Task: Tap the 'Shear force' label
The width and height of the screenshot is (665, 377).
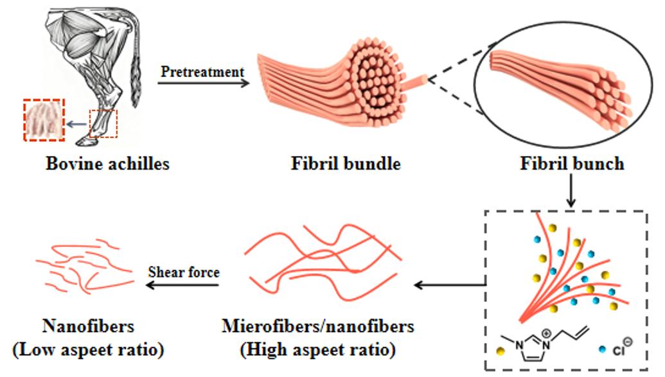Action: pos(184,272)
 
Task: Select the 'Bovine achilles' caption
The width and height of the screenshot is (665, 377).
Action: pos(107,164)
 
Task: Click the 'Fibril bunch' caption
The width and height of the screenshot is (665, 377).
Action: pos(572,164)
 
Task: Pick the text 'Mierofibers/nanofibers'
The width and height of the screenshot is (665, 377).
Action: pos(318,326)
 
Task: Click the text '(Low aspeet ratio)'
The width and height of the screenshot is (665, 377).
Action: pos(88,350)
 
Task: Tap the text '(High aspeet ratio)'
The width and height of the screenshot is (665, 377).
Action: pos(318,350)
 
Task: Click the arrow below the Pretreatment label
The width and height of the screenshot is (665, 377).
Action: pos(203,83)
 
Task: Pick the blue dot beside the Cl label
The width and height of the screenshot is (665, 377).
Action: pos(602,349)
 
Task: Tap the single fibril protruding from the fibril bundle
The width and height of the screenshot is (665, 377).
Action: pos(417,82)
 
